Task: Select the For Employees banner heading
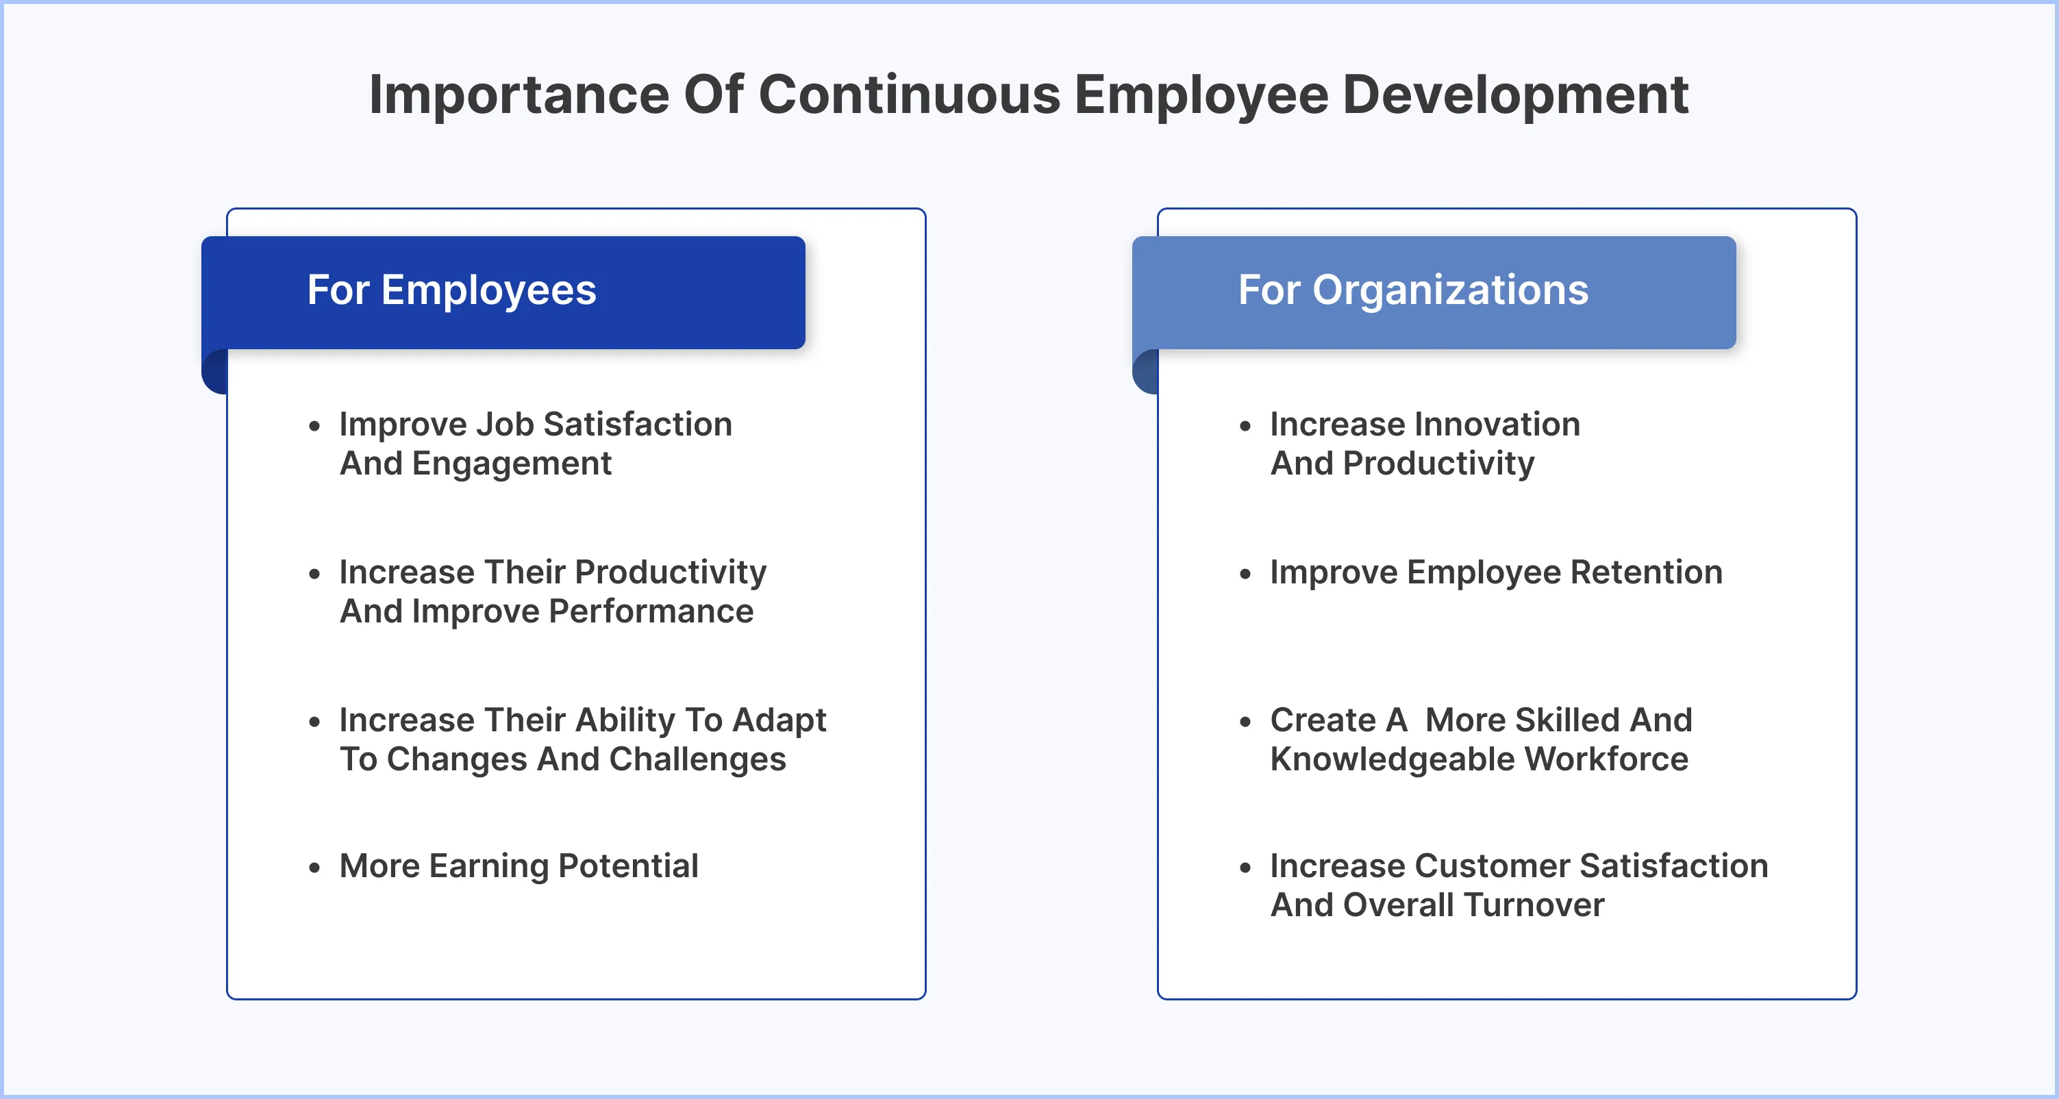451,290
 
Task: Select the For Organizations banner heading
1412,290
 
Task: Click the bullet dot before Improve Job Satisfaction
314,426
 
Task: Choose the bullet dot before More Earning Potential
314,868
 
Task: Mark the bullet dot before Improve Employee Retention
1245,574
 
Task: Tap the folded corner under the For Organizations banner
1146,372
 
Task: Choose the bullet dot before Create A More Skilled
1245,722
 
